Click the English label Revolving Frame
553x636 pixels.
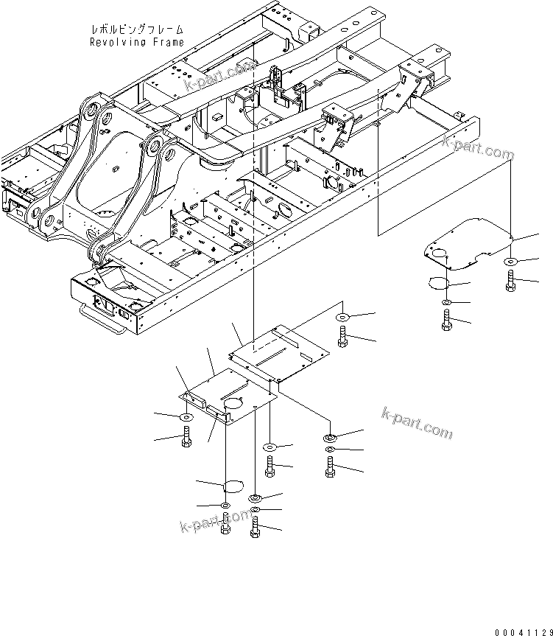pos(137,42)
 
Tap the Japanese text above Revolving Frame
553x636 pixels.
pos(137,29)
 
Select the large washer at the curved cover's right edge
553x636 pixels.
pos(511,262)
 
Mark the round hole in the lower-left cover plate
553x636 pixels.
pos(232,403)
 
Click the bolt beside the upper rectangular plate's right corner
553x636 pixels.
pos(342,337)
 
